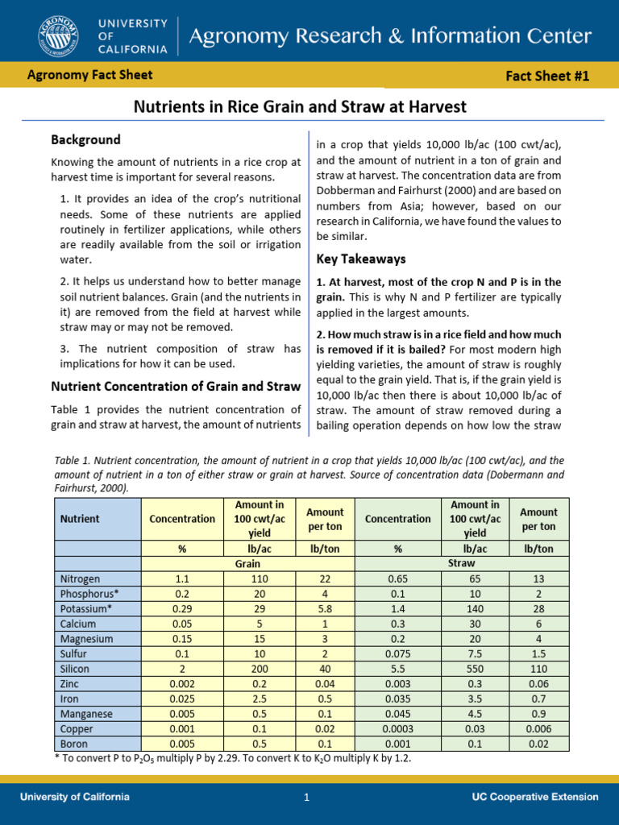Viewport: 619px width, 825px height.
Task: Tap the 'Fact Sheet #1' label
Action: click(547, 77)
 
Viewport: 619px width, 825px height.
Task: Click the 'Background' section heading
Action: click(85, 139)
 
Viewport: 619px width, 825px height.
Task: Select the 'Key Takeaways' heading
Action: click(361, 259)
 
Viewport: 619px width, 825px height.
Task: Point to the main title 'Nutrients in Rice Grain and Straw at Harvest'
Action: click(299, 106)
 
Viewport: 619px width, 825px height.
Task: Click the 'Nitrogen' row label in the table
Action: click(81, 578)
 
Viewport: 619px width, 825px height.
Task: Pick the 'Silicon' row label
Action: click(74, 669)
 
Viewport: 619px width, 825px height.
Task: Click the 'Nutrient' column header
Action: click(80, 519)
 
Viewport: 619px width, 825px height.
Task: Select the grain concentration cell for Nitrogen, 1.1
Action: click(182, 578)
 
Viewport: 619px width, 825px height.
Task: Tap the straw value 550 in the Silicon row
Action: click(475, 669)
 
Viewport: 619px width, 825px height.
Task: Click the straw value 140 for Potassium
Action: click(475, 608)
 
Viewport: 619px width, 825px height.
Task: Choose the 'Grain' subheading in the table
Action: click(247, 564)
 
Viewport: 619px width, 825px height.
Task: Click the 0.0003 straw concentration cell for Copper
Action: click(397, 728)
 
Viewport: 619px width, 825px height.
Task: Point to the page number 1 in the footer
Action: click(306, 798)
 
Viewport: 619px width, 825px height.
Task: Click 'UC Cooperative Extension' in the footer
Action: click(535, 797)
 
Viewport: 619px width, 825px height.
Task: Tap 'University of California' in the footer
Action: click(74, 797)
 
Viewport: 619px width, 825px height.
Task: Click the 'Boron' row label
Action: click(72, 744)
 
